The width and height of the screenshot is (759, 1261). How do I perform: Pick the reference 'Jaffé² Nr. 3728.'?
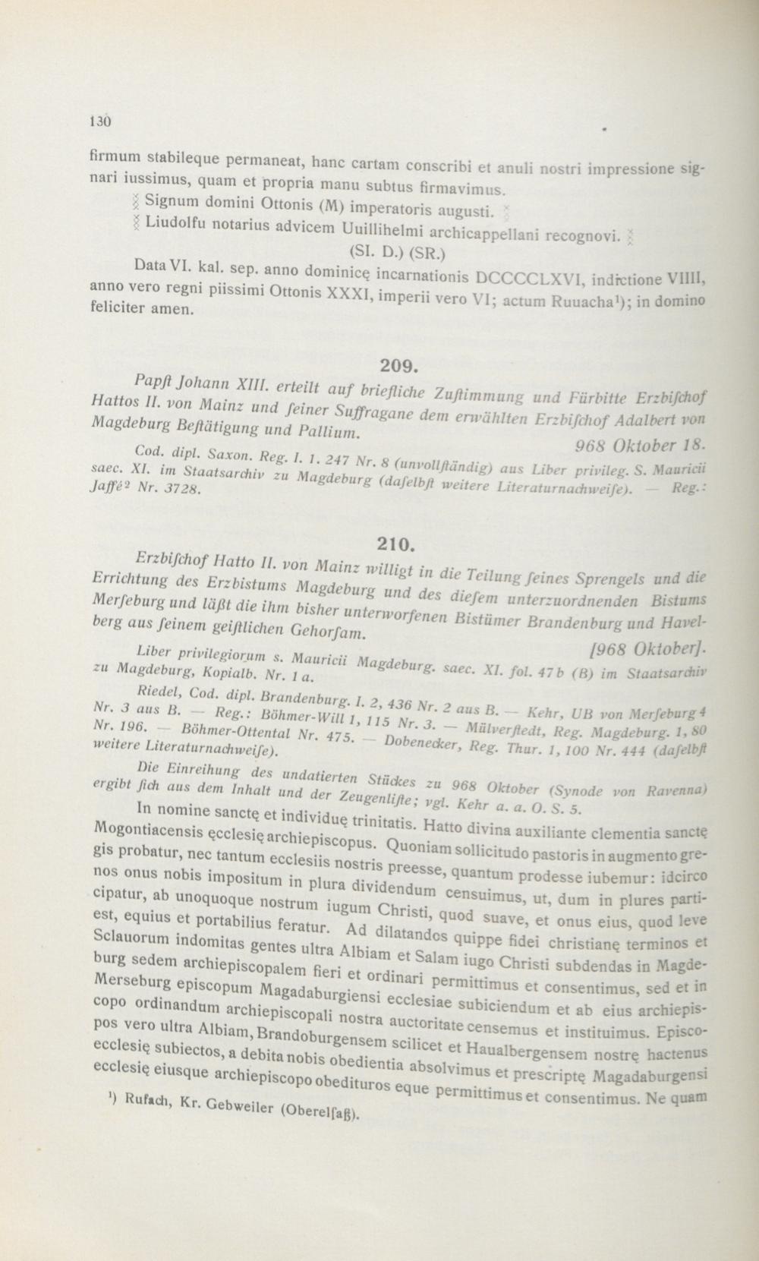(x=146, y=489)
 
